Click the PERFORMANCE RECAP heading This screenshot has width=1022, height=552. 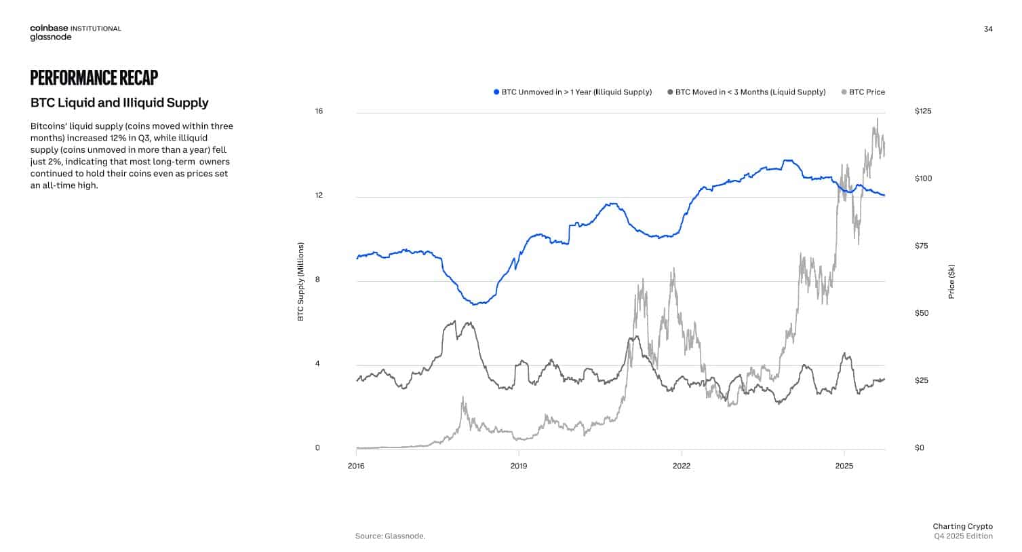point(94,77)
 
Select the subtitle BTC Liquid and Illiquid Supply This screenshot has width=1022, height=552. point(119,103)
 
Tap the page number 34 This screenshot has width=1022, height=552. point(987,29)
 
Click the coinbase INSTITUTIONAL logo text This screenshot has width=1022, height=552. point(75,29)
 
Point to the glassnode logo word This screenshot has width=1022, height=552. point(50,38)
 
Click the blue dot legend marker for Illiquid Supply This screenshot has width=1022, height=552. point(496,92)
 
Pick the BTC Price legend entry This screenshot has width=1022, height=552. point(867,92)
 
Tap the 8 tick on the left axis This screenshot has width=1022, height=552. point(317,280)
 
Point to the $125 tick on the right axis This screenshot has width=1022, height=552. point(923,111)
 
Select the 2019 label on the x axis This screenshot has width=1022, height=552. point(519,466)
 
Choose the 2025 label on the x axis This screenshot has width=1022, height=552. point(844,466)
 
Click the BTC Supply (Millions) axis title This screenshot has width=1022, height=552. point(300,282)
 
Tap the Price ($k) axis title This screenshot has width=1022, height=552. point(951,282)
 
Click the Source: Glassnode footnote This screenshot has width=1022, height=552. point(390,536)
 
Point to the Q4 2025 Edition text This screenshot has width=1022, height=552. point(963,536)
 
